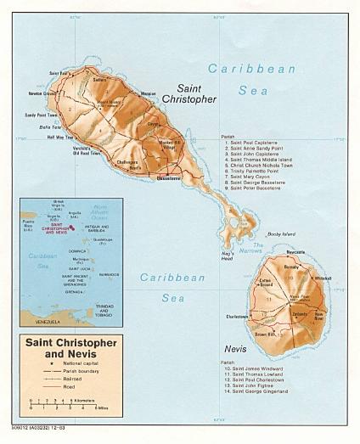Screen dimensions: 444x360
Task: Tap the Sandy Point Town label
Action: tap(42, 114)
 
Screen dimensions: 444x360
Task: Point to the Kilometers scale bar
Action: tap(59, 399)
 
